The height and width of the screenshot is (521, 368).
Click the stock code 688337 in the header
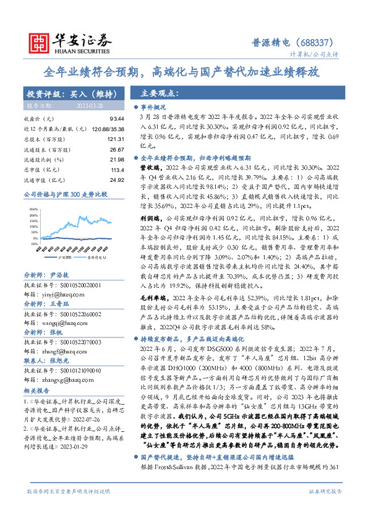click(x=319, y=43)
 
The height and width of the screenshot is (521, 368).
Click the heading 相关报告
click(x=37, y=374)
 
